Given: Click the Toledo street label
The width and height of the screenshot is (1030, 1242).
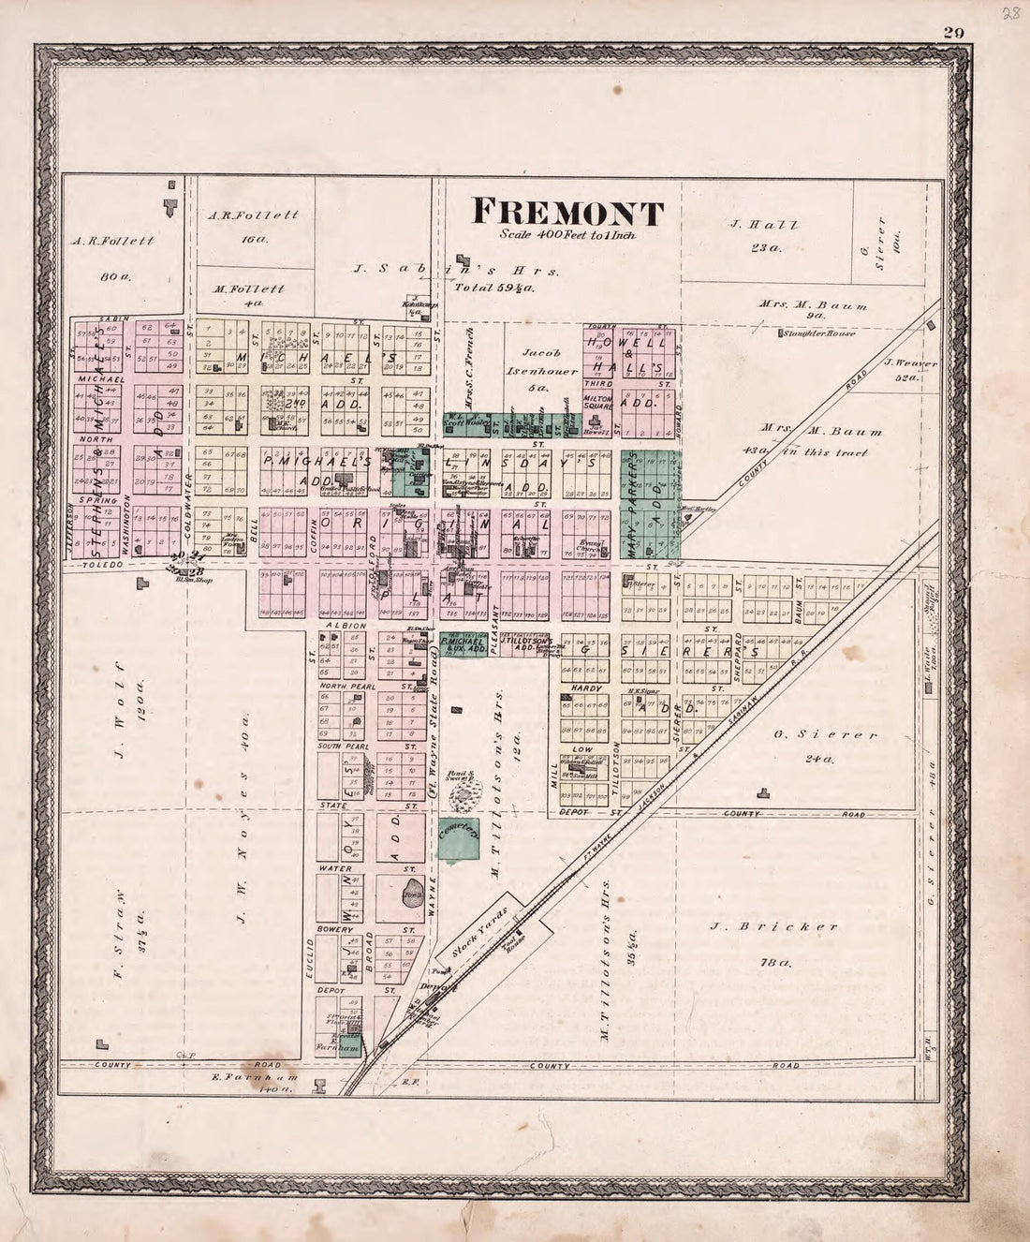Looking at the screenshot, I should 99,567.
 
